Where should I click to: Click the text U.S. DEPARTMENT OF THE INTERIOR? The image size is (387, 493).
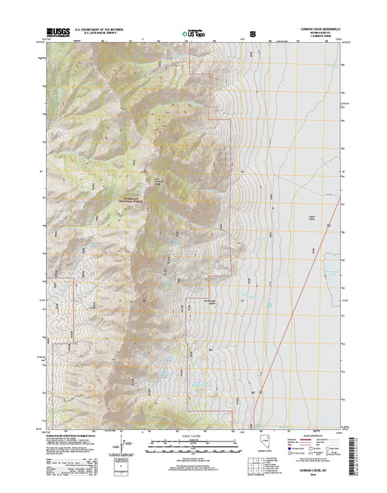[105, 29]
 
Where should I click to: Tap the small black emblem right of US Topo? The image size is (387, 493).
[252, 34]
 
